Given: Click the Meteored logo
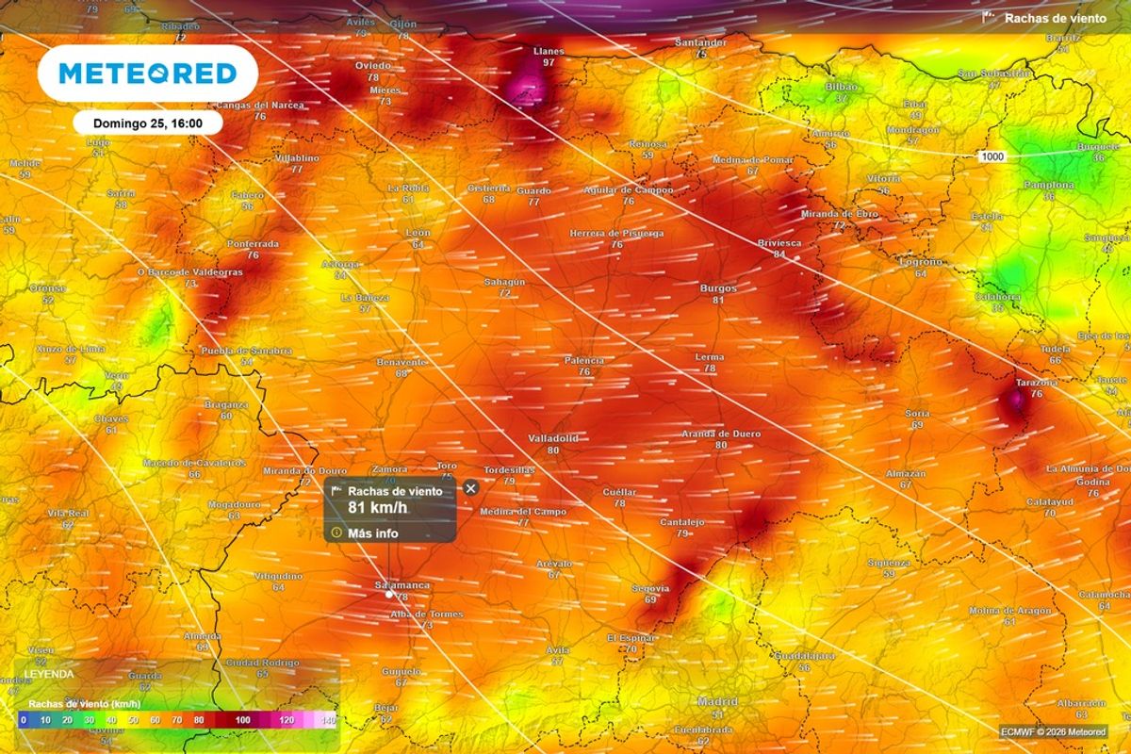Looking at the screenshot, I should (147, 74).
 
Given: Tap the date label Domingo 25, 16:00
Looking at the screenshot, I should (145, 123).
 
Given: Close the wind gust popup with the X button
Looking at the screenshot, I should (470, 487).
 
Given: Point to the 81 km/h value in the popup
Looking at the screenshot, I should (378, 508).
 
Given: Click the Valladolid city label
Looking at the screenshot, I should (552, 438).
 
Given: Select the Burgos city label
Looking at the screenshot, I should (718, 288).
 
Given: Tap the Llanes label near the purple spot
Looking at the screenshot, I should (549, 51).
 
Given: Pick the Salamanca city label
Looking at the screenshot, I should (402, 585).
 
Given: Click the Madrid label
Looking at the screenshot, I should (717, 702).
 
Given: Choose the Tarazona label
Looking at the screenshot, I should (1036, 383).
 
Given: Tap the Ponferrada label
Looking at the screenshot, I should (253, 243).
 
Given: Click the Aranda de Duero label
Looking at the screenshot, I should (721, 434).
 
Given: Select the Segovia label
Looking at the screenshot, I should (650, 588).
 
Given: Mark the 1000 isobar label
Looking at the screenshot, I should (990, 156).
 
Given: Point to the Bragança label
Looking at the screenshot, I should (226, 403).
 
